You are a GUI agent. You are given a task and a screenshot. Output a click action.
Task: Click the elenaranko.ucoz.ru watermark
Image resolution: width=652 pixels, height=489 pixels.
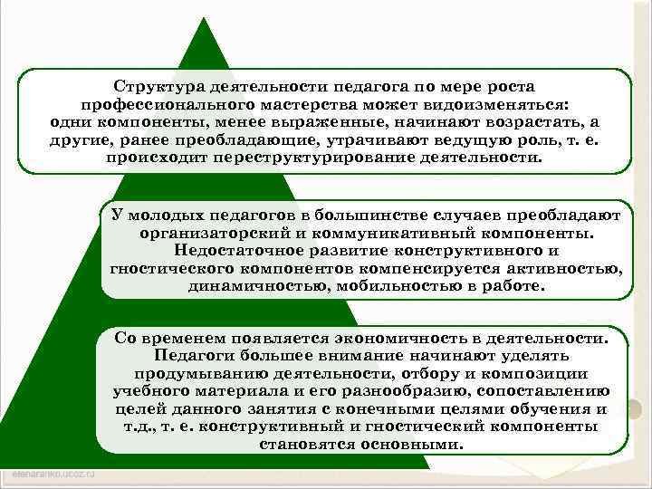(x=56, y=475)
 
